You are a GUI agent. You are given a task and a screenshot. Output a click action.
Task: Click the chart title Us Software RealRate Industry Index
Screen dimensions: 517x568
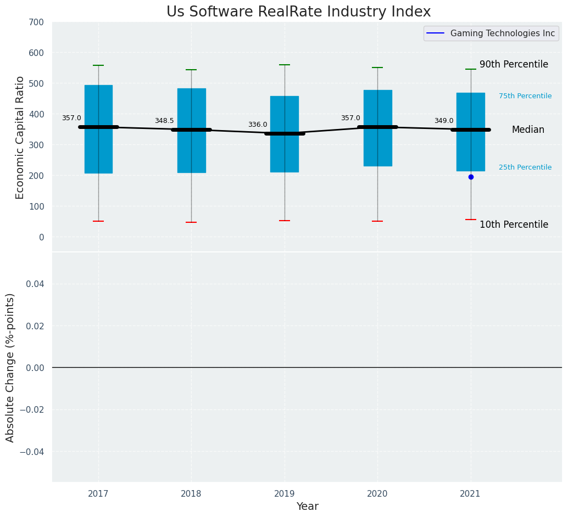coord(298,12)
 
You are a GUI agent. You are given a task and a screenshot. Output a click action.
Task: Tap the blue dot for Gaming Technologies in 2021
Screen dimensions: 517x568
coord(471,177)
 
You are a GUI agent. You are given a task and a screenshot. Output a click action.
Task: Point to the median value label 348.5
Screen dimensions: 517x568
coord(164,121)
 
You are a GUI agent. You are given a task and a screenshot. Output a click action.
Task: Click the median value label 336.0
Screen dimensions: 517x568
coord(258,125)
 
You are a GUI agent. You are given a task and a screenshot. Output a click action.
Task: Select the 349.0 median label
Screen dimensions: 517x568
coord(444,121)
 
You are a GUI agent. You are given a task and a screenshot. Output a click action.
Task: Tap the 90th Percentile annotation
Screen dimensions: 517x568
coord(514,64)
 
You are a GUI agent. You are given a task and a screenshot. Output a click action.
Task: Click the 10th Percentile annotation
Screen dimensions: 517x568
coord(514,224)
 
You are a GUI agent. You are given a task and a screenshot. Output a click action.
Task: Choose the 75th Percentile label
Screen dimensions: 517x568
coord(525,96)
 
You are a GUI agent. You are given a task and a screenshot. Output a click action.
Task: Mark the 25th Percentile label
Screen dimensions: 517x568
coord(525,167)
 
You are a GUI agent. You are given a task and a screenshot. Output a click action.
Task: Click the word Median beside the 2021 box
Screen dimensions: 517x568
coord(528,130)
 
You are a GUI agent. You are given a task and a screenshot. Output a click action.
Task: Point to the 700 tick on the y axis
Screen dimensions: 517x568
coord(37,23)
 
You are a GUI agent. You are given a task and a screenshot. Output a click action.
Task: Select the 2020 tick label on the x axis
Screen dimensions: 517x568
coord(377,494)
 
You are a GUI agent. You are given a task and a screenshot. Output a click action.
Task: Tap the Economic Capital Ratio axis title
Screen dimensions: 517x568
coord(20,137)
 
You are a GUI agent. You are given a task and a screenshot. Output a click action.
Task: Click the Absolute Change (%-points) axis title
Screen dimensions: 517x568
coord(10,367)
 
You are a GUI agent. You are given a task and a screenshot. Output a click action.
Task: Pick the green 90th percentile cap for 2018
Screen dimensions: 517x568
coord(191,70)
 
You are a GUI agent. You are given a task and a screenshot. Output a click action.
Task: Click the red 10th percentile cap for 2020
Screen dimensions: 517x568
coord(377,221)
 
